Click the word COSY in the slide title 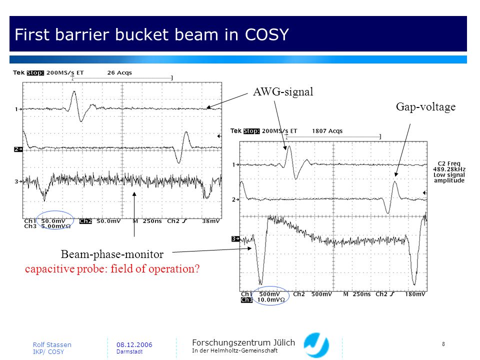[266, 34]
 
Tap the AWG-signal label [283, 92]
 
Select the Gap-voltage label [425, 107]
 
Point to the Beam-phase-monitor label [112, 254]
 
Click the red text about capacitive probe [112, 269]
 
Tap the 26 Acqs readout [119, 73]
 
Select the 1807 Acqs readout [327, 131]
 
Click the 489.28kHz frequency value [449, 169]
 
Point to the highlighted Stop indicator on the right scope [251, 131]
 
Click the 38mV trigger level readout [210, 221]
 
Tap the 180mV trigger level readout [415, 294]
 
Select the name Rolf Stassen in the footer [52, 344]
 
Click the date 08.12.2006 [134, 344]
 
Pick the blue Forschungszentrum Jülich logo [316, 345]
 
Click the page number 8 [443, 344]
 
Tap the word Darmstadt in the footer [129, 351]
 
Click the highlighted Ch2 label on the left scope [85, 221]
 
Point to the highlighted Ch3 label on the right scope [246, 299]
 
